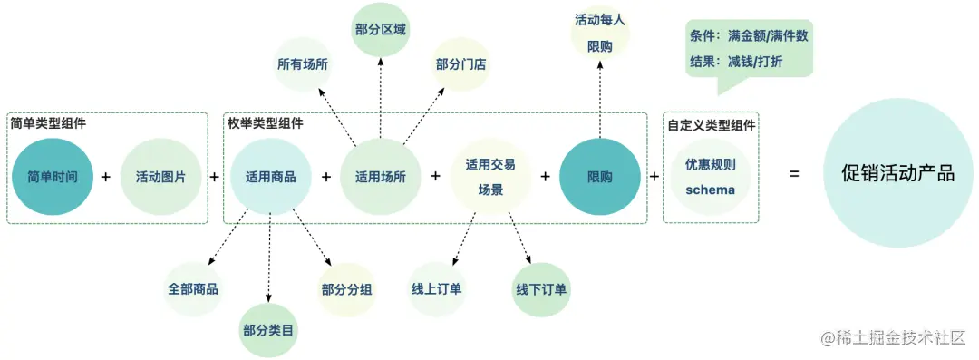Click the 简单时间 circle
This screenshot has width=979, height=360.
pyautogui.click(x=53, y=177)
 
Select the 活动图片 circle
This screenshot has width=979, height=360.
pyautogui.click(x=160, y=177)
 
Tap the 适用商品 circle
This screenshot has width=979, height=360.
pyautogui.click(x=270, y=177)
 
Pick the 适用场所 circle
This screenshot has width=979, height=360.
pyautogui.click(x=380, y=177)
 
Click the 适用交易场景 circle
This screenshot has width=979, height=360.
pyautogui.click(x=490, y=177)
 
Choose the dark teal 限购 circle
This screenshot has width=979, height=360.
pyautogui.click(x=599, y=177)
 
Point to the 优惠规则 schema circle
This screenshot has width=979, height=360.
pyautogui.click(x=710, y=178)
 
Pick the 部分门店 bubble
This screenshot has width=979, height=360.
pyautogui.click(x=460, y=65)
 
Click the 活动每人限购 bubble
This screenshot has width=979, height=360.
pyautogui.click(x=599, y=33)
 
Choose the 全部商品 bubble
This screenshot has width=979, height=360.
pyautogui.click(x=192, y=289)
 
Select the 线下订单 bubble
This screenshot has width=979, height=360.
pyautogui.click(x=541, y=289)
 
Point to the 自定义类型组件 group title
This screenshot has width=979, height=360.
pyautogui.click(x=712, y=125)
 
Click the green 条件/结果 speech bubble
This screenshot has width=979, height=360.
pyautogui.click(x=749, y=49)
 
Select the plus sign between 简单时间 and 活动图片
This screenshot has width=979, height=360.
pyautogui.click(x=105, y=177)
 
